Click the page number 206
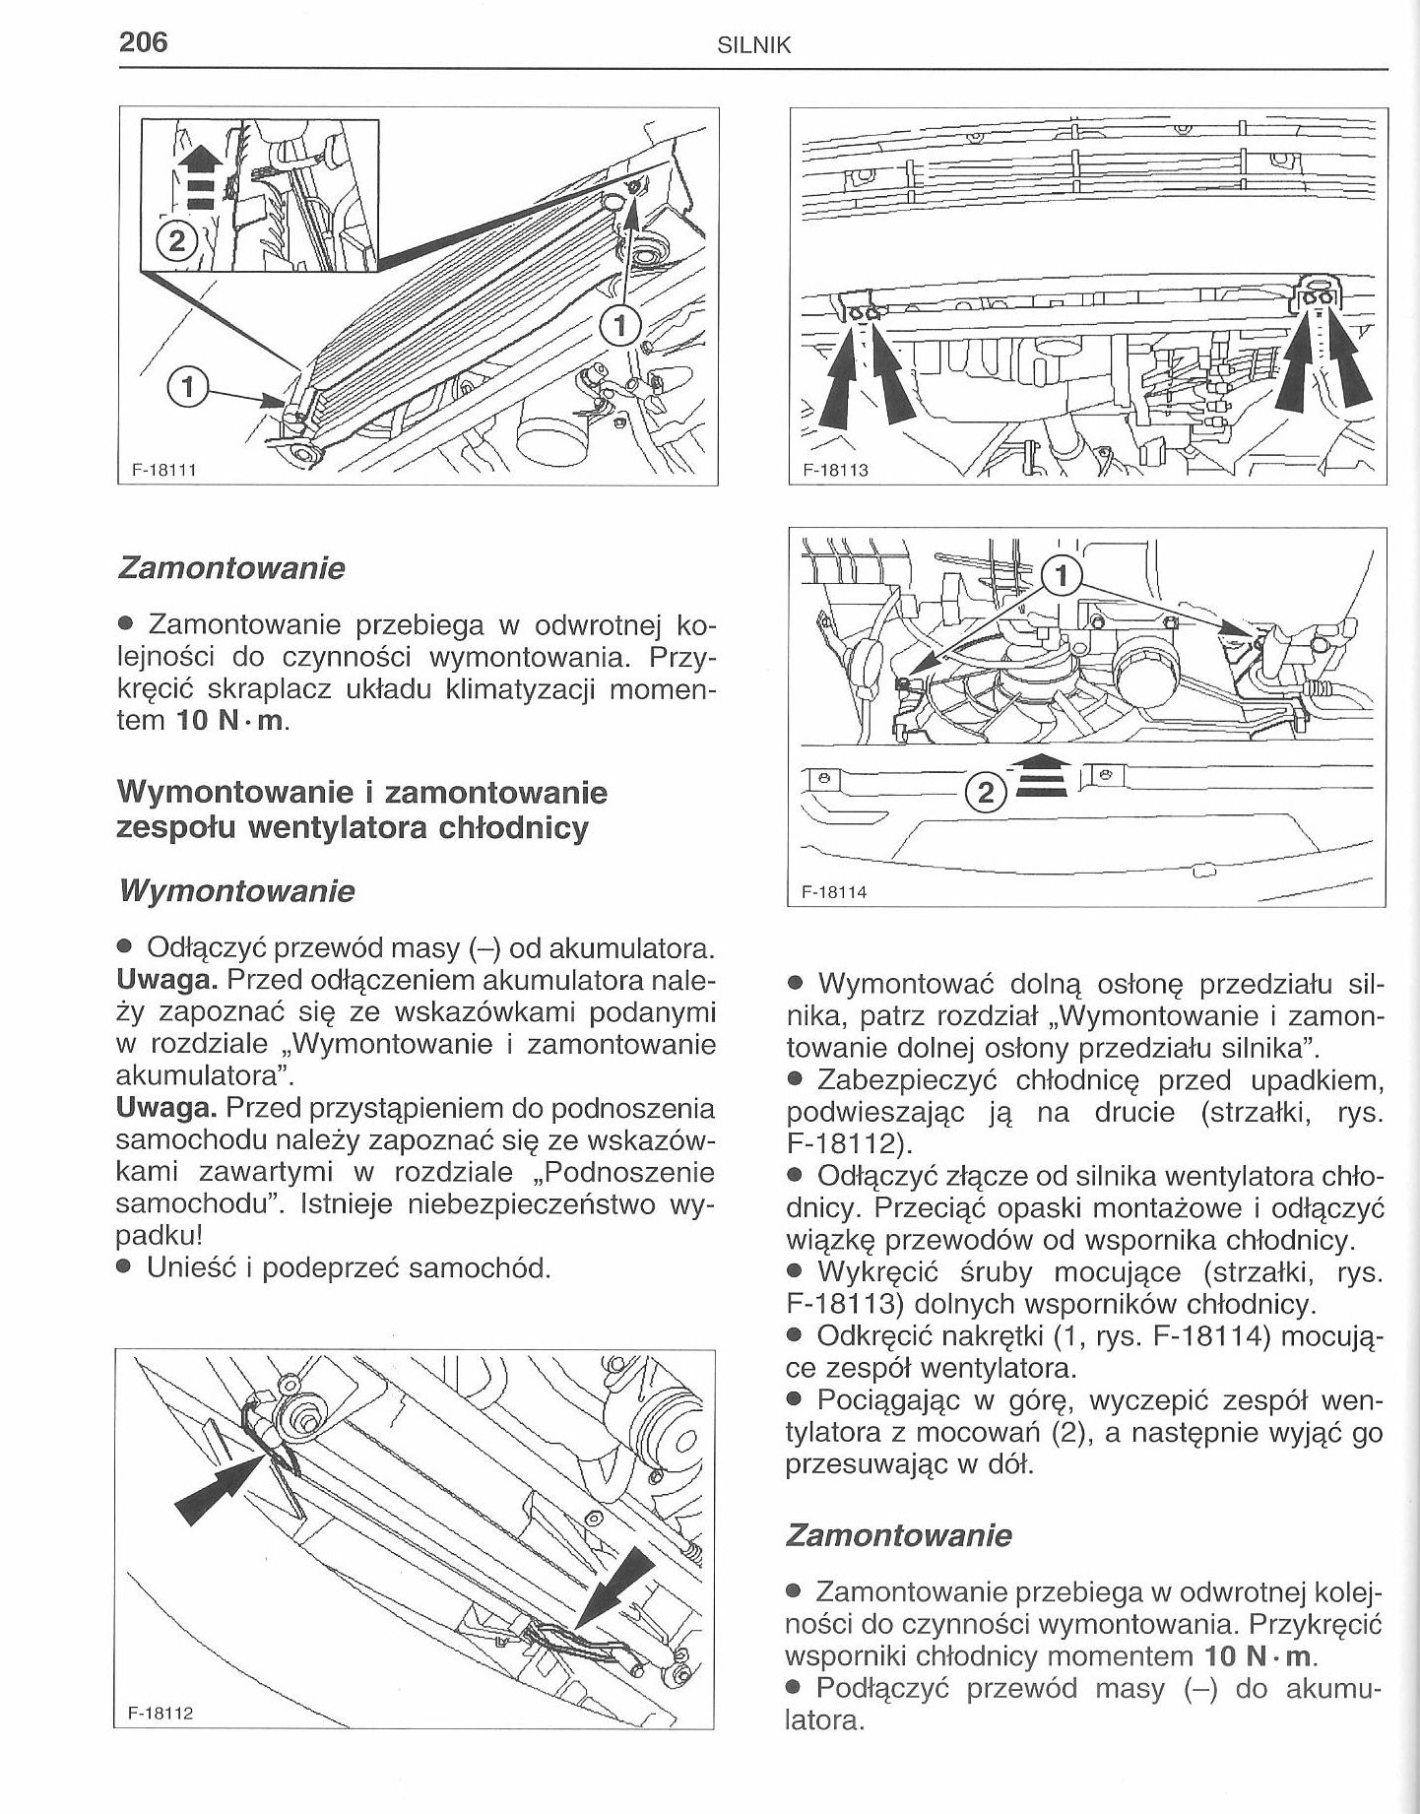[144, 42]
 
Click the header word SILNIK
[755, 46]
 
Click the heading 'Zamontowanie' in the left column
[231, 568]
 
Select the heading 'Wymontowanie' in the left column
[235, 891]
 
